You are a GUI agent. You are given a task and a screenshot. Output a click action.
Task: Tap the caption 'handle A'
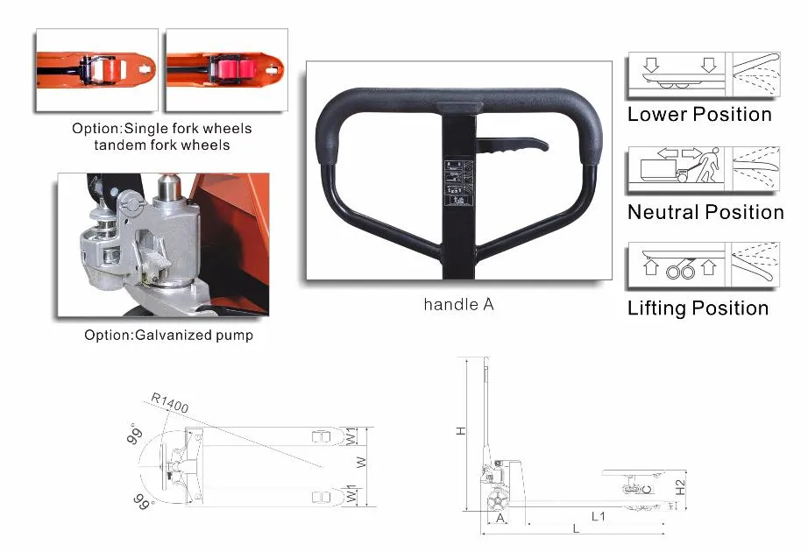coord(458,305)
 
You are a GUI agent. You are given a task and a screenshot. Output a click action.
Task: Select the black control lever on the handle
coord(512,147)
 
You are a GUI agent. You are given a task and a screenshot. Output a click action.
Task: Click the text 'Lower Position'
coord(699,114)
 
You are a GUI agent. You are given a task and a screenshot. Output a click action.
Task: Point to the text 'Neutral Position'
coord(705,212)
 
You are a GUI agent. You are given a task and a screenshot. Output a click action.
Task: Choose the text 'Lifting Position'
coord(698,308)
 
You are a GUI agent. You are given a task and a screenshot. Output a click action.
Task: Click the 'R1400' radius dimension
coord(169,402)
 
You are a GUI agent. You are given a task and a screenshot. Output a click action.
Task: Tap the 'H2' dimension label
coord(680,485)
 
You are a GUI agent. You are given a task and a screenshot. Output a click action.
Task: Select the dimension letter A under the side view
coord(500,518)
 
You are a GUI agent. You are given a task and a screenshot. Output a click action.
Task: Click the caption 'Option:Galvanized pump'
coord(168,335)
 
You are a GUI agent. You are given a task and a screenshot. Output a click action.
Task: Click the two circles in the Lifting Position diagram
coord(676,271)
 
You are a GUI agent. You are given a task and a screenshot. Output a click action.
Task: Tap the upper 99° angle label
coord(135,436)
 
